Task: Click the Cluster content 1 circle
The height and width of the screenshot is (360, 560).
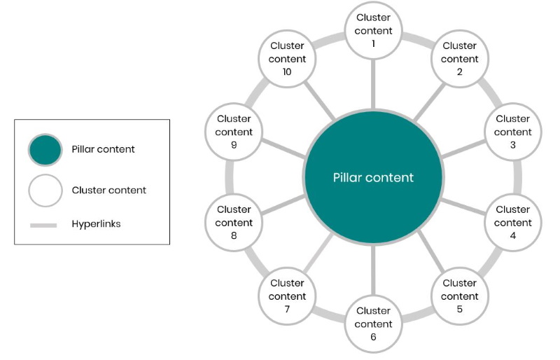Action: [373, 30]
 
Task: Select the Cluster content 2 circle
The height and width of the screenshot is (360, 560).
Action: [460, 59]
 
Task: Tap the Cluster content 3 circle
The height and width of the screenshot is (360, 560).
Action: [513, 132]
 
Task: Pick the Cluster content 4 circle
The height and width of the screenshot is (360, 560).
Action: [513, 223]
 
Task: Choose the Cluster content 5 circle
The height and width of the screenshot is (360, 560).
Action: [460, 296]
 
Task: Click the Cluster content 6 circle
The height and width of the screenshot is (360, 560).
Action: [373, 324]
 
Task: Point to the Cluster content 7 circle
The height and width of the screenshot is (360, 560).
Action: [287, 296]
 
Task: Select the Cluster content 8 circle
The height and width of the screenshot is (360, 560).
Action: [234, 223]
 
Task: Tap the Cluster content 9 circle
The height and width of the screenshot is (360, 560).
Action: [234, 132]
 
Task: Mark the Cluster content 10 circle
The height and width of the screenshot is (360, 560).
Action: [287, 59]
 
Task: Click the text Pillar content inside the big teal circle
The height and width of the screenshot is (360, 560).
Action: [373, 178]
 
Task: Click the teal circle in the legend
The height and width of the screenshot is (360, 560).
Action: [46, 150]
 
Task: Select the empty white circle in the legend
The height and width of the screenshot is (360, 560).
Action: [46, 190]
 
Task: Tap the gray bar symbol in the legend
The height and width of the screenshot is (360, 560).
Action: [43, 226]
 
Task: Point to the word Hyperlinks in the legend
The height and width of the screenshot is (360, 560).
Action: [96, 225]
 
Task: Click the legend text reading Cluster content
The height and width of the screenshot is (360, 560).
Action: [108, 191]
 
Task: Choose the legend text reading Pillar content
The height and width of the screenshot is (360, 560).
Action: [104, 150]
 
